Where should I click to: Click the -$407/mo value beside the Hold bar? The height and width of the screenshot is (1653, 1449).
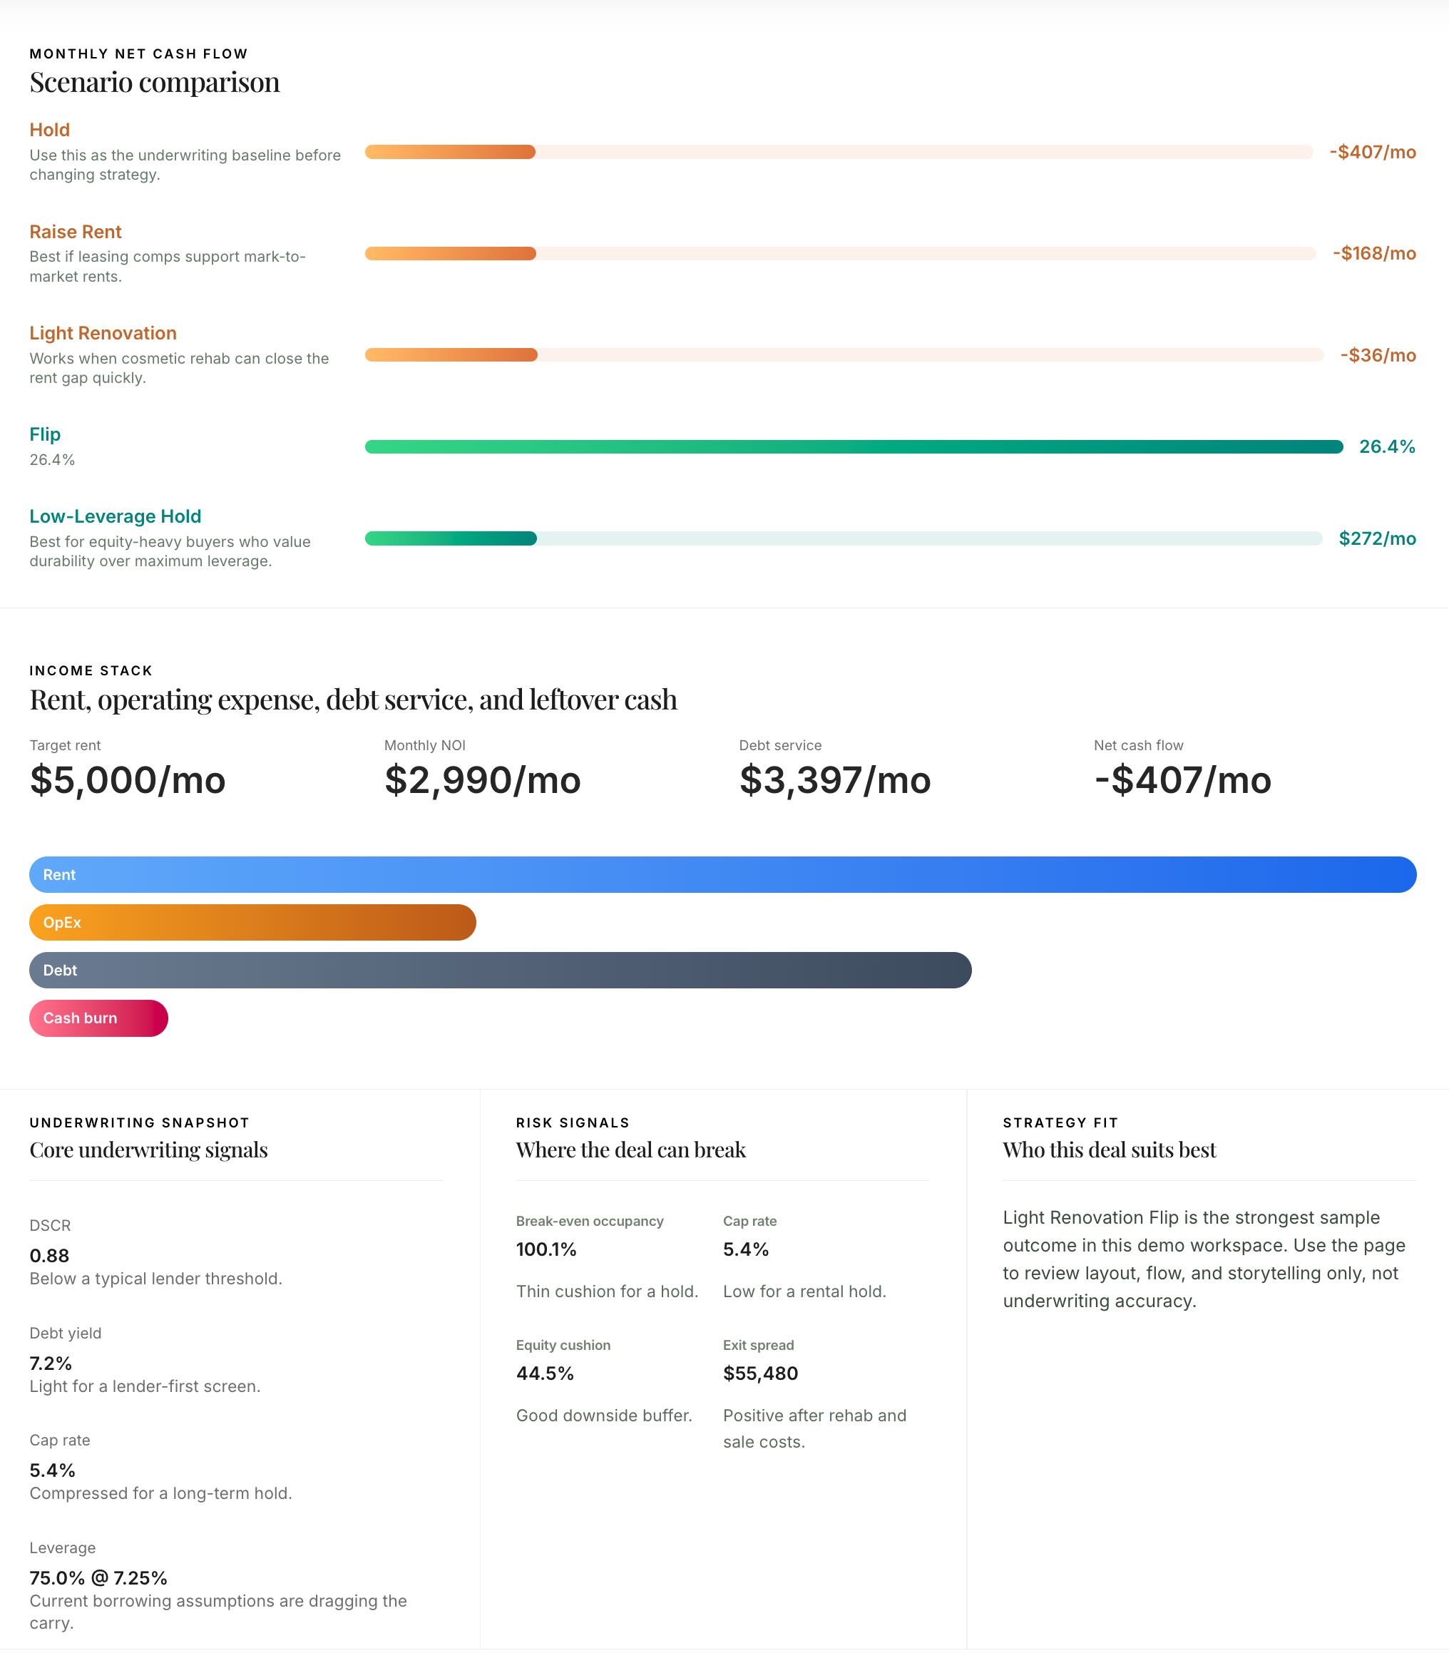tap(1372, 152)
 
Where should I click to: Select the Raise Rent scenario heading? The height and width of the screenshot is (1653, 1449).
tap(75, 232)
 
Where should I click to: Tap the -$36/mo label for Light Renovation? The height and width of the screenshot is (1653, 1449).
tap(1378, 355)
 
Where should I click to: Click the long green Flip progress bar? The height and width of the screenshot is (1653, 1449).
tap(853, 446)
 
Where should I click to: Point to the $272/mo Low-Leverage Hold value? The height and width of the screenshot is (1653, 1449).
tap(1377, 538)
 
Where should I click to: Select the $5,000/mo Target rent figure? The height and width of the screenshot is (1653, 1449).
tap(128, 780)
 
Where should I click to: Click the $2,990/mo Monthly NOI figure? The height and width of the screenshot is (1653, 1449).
tap(482, 780)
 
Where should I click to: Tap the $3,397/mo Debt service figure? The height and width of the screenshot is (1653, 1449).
tap(834, 780)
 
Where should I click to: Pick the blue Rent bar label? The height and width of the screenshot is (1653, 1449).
tap(59, 875)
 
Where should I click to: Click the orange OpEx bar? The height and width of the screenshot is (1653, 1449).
tap(252, 923)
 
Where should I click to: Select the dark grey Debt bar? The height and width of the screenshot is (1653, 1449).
tap(500, 971)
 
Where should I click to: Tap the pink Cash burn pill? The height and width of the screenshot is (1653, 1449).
tap(98, 1018)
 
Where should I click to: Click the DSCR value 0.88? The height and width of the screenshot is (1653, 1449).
tap(49, 1256)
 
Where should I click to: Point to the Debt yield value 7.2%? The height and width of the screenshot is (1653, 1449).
tap(50, 1363)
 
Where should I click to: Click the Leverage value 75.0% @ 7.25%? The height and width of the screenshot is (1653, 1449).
tap(98, 1578)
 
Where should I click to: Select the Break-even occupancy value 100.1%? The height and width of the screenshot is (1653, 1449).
tap(546, 1249)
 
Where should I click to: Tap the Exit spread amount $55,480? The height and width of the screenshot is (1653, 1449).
tap(760, 1373)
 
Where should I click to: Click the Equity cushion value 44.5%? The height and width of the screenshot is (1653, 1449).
tap(544, 1373)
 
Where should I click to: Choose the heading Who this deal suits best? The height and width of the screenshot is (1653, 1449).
tap(1109, 1150)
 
